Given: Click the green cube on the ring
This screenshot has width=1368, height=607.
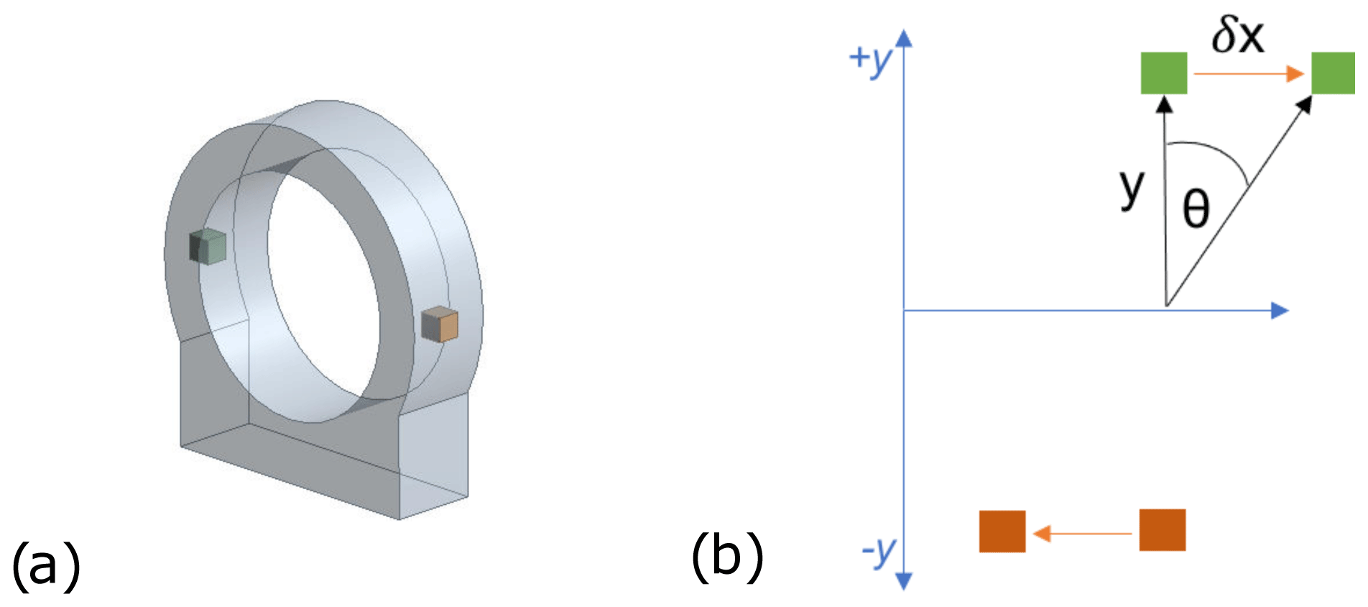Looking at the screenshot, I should [x=208, y=247].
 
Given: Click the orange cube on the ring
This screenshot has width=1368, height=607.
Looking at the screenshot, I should [x=440, y=324].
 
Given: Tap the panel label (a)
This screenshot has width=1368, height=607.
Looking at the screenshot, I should [x=46, y=565].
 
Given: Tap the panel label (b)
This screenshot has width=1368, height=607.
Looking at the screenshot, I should [x=727, y=557].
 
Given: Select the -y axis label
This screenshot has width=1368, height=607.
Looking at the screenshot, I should [x=879, y=552].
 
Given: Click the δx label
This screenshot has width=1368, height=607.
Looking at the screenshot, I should [x=1237, y=36].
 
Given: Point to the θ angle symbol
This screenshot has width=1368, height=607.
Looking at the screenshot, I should [x=1196, y=209].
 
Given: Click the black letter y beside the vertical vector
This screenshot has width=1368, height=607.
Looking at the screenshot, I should [x=1132, y=188].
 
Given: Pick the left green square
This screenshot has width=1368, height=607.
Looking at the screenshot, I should [x=1164, y=73].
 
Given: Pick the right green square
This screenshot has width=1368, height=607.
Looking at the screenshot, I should [x=1334, y=73].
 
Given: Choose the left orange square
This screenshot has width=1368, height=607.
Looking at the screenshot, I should [x=1002, y=531].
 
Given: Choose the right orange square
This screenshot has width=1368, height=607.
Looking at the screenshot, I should [x=1163, y=530].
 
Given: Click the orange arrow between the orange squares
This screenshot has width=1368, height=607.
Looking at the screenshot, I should [x=1082, y=534].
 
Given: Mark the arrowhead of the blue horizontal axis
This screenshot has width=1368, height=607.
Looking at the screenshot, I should [x=1280, y=311].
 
